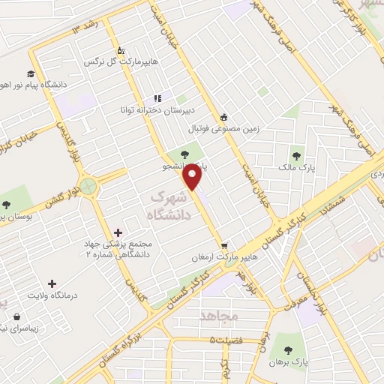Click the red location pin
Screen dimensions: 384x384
[x=193, y=177]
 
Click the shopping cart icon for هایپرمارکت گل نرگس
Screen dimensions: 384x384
[x=121, y=51]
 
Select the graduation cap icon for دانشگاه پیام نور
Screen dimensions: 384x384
[x=31, y=73]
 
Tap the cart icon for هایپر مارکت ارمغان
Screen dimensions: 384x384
[x=224, y=245]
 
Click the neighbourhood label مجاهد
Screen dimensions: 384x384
[x=218, y=316]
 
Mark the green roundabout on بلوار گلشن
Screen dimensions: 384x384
[x=91, y=186]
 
